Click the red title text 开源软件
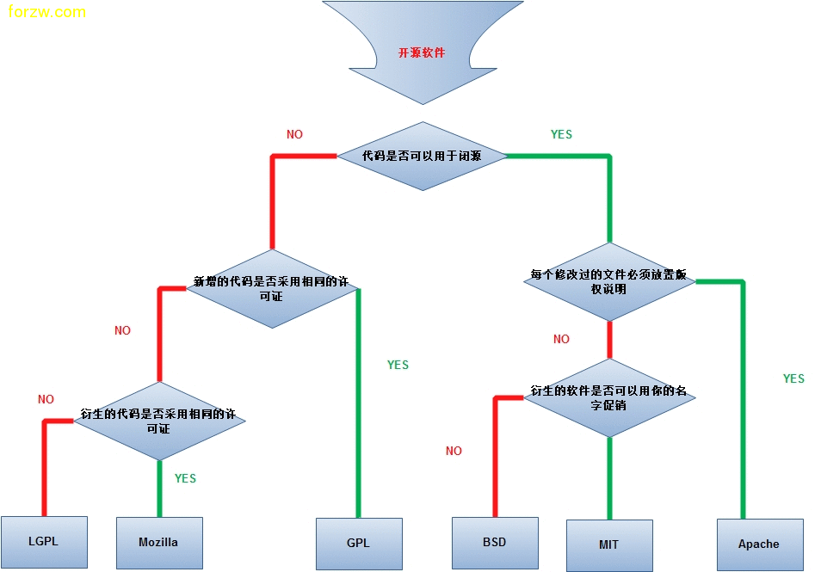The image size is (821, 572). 422,52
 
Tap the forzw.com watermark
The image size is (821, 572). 46,12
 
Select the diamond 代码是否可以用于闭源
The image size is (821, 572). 422,156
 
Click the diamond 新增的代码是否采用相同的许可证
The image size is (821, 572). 271,288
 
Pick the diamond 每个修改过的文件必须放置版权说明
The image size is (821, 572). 608,282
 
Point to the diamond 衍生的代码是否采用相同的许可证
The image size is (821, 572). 159,421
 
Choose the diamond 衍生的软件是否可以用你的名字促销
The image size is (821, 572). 608,397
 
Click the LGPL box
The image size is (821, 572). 44,542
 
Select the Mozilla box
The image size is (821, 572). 159,542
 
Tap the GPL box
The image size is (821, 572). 359,543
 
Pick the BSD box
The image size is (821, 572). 495,542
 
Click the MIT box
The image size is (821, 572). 609,544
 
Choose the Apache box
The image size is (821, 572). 759,544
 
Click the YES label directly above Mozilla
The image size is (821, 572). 185,478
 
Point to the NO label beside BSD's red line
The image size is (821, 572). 454,451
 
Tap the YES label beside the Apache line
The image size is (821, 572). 793,378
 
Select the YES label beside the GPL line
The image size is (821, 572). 398,365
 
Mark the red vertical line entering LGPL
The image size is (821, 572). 44,469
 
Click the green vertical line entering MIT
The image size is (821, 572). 609,477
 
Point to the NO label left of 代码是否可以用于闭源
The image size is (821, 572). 294,134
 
